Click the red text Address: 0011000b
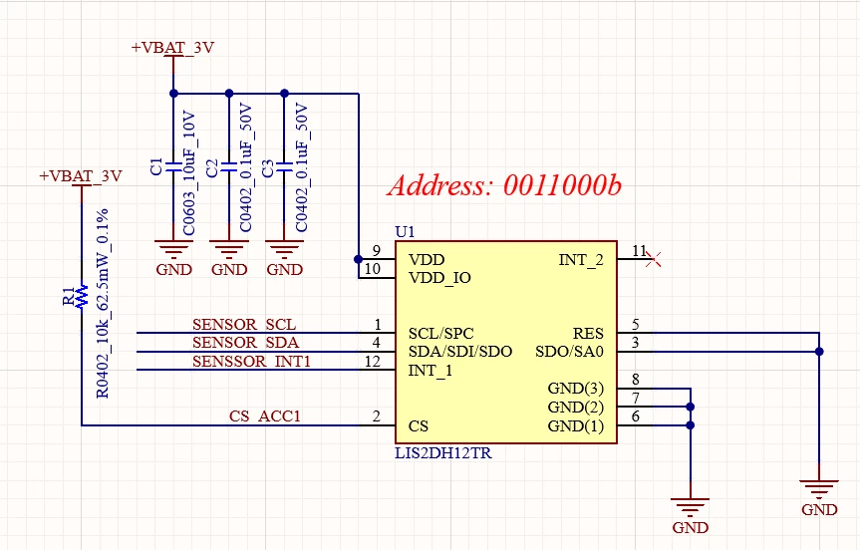click(504, 185)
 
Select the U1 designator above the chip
click(405, 232)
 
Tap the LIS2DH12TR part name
click(443, 453)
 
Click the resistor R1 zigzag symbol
click(83, 296)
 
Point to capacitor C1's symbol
click(173, 167)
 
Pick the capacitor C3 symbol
click(284, 167)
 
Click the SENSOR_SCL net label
click(244, 325)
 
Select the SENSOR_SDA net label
click(245, 343)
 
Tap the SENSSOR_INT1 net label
click(251, 362)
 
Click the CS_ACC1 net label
click(265, 416)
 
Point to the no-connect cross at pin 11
click(654, 259)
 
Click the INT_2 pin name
click(581, 260)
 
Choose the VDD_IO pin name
click(439, 278)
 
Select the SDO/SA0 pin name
click(569, 351)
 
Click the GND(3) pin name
click(575, 389)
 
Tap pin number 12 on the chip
click(373, 362)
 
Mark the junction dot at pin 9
click(358, 259)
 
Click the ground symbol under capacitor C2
click(229, 249)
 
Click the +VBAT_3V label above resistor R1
click(81, 176)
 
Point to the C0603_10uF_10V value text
click(188, 173)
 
